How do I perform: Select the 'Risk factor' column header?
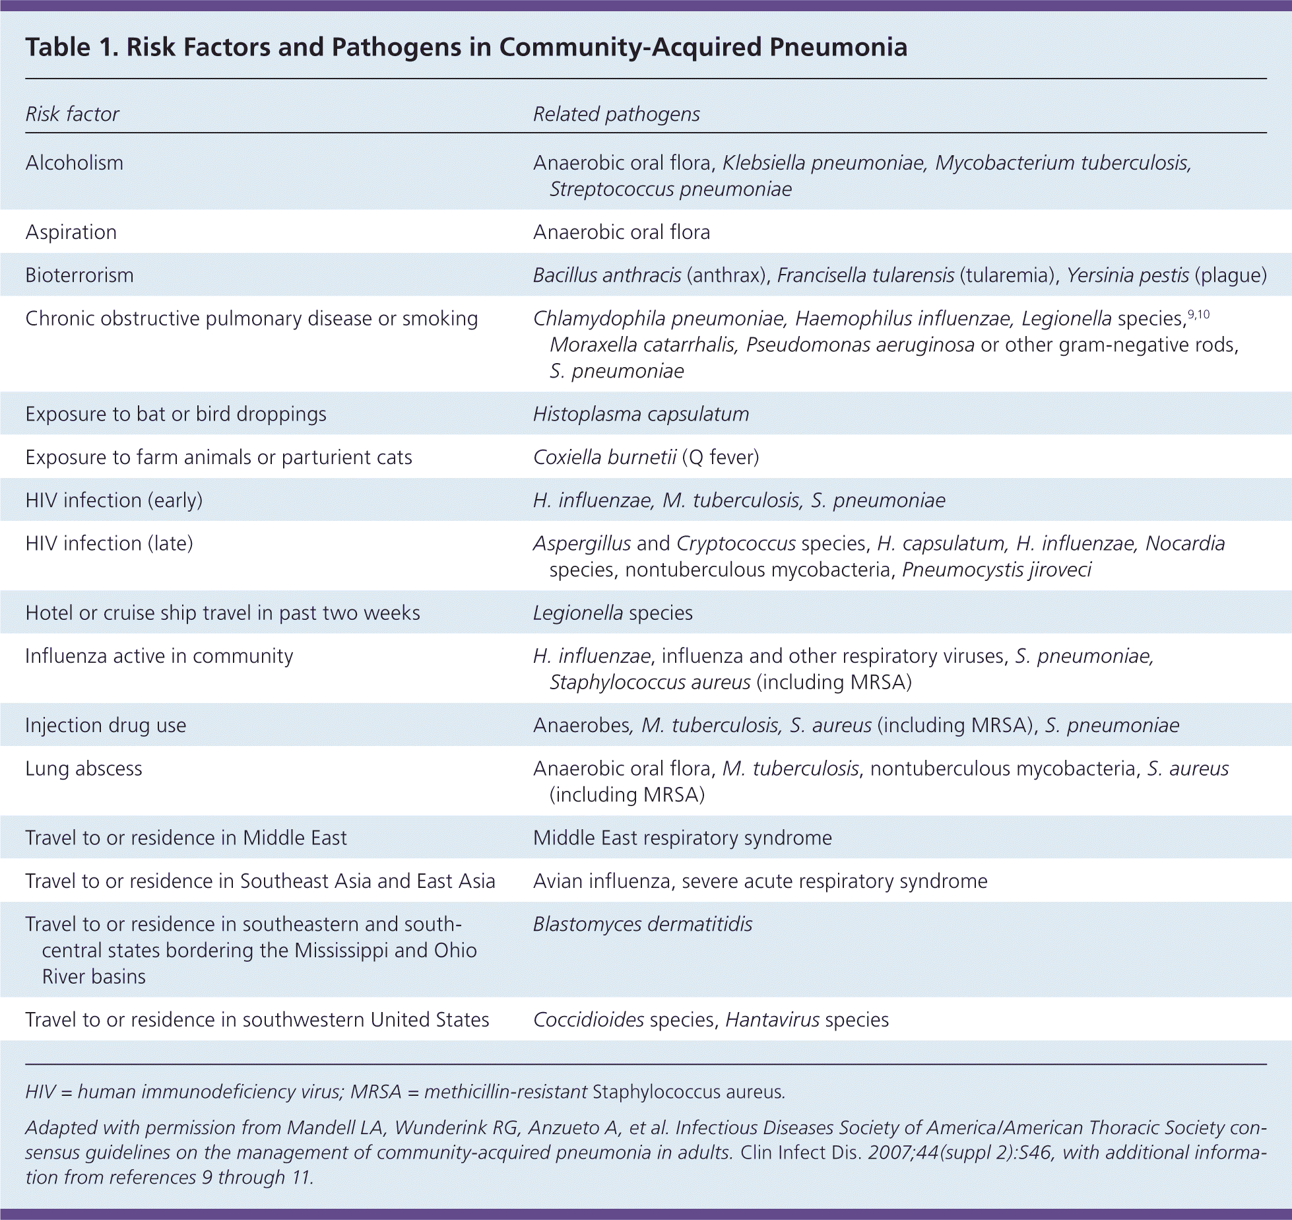72,114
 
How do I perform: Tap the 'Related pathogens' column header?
616,114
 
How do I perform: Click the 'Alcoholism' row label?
74,163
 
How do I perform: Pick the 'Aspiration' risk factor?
71,232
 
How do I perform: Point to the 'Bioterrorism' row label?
79,275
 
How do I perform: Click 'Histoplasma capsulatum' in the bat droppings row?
641,414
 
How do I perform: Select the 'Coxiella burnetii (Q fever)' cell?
646,457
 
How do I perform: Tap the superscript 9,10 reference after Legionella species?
1198,315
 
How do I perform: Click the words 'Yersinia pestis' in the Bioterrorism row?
1128,275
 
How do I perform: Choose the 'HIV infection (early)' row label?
113,500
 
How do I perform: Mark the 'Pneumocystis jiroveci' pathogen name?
996,570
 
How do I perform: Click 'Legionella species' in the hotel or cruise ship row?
612,613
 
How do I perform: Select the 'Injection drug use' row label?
106,726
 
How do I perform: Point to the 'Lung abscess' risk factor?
84,769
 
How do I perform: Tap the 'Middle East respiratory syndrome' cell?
682,838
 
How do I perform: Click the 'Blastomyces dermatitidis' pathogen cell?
642,924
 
